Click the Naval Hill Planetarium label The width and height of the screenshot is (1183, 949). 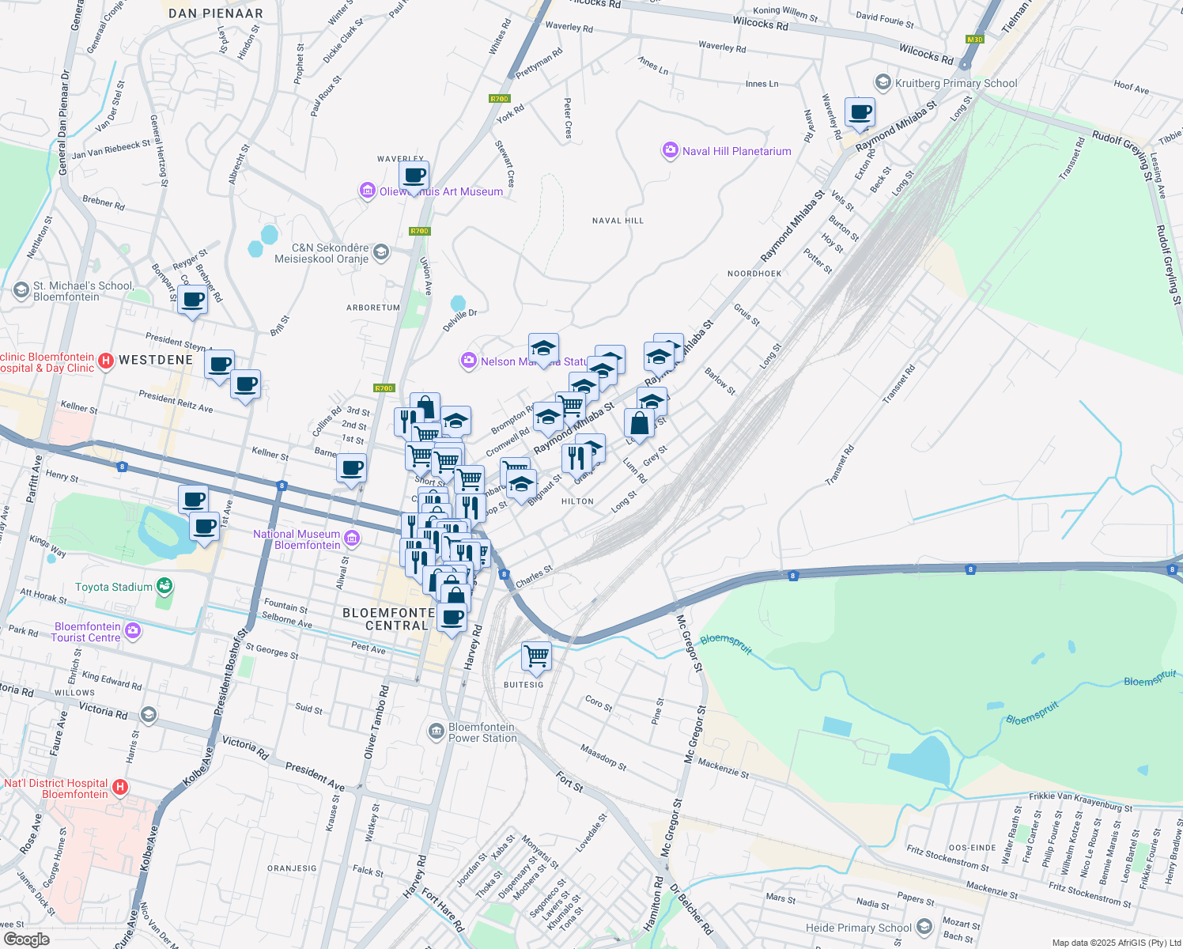[736, 151]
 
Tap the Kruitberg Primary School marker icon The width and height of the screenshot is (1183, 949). [883, 83]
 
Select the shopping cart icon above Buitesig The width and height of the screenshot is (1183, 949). [536, 656]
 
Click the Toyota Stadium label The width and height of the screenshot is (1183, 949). [114, 587]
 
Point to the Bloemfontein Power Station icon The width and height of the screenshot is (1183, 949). [436, 732]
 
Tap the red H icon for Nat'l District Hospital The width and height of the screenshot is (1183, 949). [120, 787]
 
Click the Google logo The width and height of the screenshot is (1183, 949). [26, 940]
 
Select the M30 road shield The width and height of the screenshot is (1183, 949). [974, 40]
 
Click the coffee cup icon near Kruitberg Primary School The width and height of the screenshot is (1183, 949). [860, 112]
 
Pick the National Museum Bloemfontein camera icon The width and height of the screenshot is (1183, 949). [352, 539]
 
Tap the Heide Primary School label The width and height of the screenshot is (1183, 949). [859, 928]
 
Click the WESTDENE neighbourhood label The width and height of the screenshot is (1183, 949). [156, 360]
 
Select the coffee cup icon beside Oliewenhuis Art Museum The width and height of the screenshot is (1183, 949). [414, 176]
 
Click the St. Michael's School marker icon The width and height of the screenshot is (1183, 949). [21, 291]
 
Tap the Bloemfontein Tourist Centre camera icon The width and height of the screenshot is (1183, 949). [133, 631]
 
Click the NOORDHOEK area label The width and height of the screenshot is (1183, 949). [754, 274]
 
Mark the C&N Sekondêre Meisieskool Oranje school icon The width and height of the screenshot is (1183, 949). [380, 252]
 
